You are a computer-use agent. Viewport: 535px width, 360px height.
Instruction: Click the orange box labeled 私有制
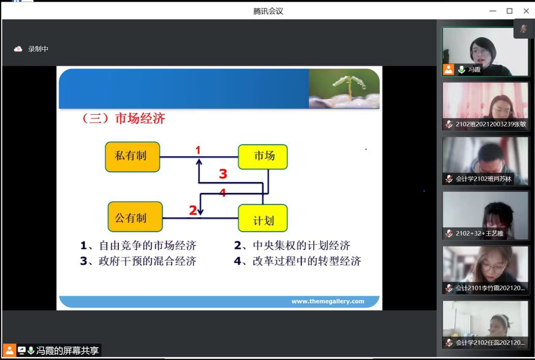(x=132, y=157)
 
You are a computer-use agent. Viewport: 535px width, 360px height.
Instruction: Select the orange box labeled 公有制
(x=135, y=217)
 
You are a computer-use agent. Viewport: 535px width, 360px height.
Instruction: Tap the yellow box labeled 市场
(x=263, y=157)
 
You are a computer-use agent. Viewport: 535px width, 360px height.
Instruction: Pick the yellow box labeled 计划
(x=263, y=218)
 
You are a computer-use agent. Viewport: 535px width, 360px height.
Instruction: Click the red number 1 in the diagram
(x=198, y=150)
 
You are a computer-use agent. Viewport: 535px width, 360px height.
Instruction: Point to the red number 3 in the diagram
(x=223, y=174)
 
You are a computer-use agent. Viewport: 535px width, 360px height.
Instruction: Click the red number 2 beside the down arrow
(x=193, y=210)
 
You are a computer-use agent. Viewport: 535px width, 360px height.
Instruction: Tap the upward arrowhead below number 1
(x=199, y=162)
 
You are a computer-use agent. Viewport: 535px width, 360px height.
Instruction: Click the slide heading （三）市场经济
(x=124, y=118)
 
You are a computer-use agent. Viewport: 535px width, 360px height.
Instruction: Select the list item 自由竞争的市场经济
(x=148, y=246)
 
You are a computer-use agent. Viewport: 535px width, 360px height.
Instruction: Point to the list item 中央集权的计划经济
(x=302, y=246)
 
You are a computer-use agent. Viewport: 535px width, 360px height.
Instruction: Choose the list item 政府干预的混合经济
(x=148, y=261)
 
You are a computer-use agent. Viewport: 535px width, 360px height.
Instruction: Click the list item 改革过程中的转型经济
(x=307, y=261)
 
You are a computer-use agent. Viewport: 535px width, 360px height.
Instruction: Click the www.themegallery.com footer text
(x=328, y=301)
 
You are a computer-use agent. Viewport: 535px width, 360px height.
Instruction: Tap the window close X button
(x=526, y=11)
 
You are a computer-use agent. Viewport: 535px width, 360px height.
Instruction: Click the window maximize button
(x=509, y=11)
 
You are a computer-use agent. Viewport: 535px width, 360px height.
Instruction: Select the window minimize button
(x=493, y=11)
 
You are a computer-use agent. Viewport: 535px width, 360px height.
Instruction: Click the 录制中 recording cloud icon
(x=18, y=49)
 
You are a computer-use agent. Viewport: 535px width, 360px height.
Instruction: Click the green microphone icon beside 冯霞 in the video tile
(x=462, y=70)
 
